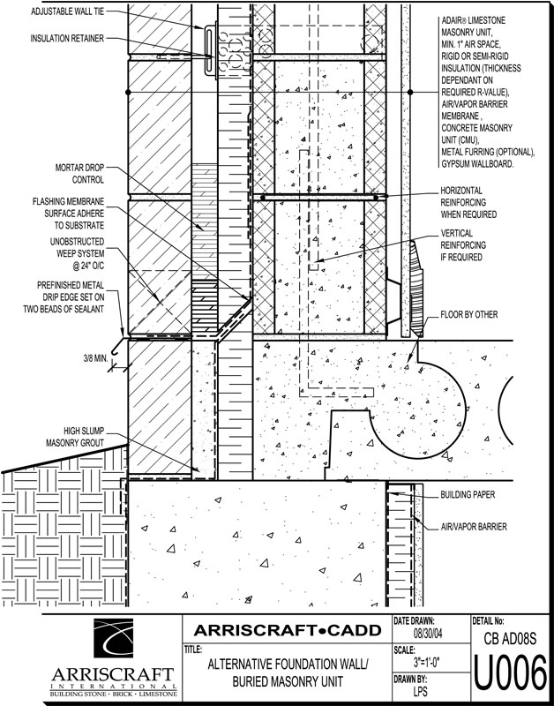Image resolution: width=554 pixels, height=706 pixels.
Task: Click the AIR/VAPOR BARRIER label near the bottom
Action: coord(473,526)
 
